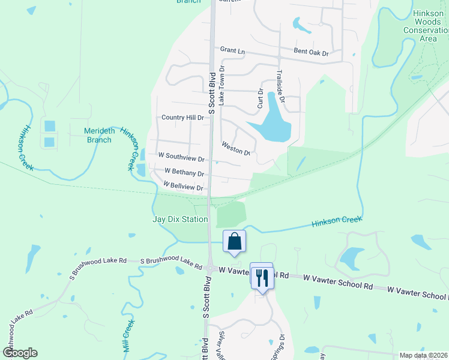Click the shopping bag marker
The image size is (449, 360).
click(235, 242)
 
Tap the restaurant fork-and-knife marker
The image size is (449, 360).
click(262, 277)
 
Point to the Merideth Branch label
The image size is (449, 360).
click(98, 135)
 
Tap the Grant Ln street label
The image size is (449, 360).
click(233, 51)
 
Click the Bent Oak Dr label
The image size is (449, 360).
click(311, 53)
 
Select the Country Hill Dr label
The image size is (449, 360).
click(183, 118)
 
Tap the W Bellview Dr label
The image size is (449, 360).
click(184, 187)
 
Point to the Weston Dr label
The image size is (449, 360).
click(235, 148)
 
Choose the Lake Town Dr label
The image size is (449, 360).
click(221, 86)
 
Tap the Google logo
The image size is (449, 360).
click(20, 353)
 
